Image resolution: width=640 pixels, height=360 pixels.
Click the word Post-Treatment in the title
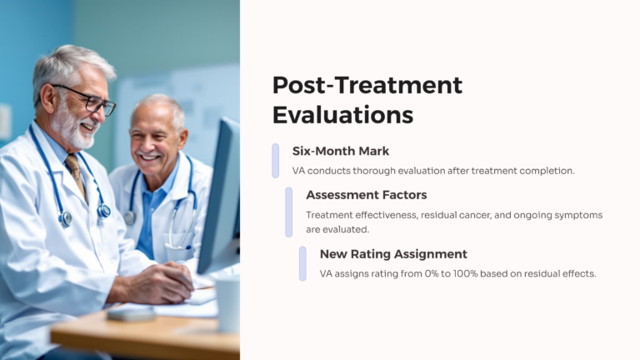click(x=367, y=85)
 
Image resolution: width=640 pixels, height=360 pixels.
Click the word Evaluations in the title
click(x=342, y=114)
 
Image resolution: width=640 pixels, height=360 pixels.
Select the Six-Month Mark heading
click(x=340, y=151)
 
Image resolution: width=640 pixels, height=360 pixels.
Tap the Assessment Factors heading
click(x=366, y=195)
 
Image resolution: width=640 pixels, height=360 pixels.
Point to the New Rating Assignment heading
click(x=393, y=254)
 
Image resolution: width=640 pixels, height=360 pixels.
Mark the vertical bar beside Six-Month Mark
click(x=276, y=160)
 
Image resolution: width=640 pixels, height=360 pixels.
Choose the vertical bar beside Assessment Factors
click(x=289, y=212)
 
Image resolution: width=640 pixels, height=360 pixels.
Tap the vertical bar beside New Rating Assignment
click(x=303, y=263)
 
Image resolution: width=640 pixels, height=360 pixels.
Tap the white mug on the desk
click(x=227, y=303)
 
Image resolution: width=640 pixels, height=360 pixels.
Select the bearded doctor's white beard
click(x=73, y=132)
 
